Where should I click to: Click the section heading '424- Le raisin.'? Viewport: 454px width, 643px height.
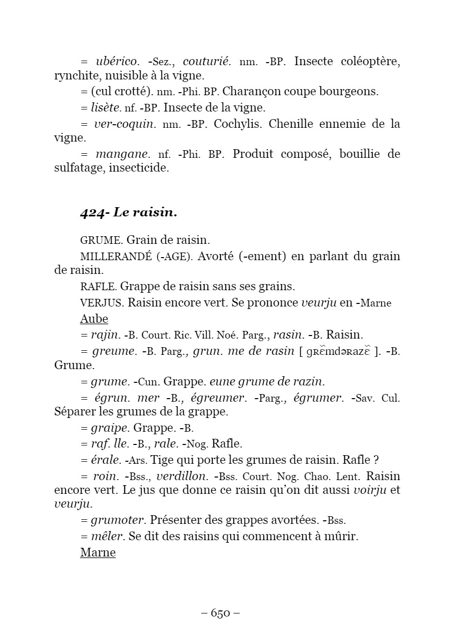pyautogui.click(x=128, y=213)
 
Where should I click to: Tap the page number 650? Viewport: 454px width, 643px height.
pyautogui.click(x=220, y=613)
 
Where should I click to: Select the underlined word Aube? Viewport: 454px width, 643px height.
pyautogui.click(x=94, y=319)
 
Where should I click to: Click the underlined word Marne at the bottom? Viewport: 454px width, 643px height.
pyautogui.click(x=98, y=552)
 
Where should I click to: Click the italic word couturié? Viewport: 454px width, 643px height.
pyautogui.click(x=207, y=62)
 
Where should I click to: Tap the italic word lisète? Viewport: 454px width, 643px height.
pyautogui.click(x=105, y=107)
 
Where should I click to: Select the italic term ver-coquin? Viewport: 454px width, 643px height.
pyautogui.click(x=124, y=124)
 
